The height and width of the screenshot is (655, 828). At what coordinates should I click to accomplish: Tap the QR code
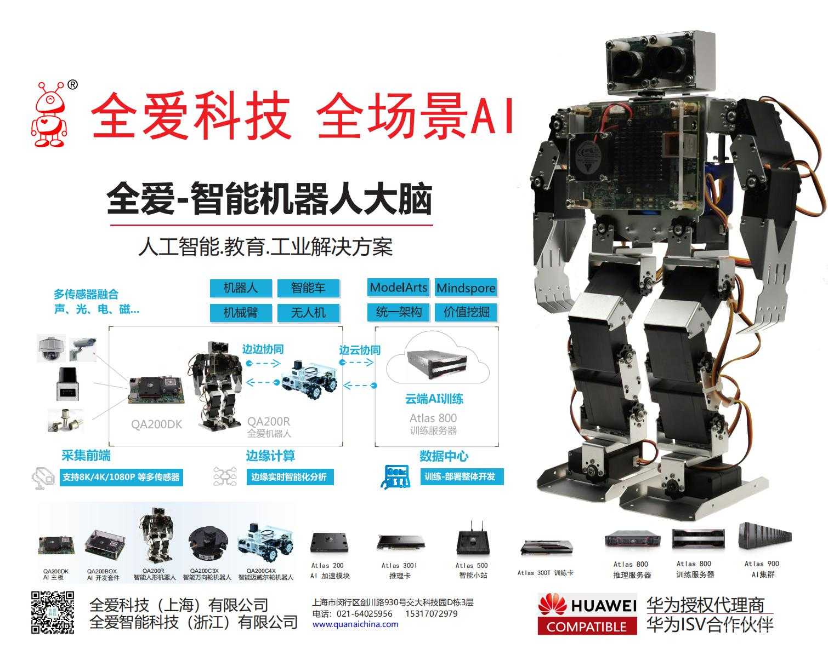click(53, 612)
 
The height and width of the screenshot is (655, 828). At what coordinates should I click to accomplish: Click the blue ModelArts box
click(398, 288)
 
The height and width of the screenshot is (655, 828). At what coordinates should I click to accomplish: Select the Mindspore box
click(466, 288)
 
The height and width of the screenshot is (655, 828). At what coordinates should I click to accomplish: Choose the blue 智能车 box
click(308, 288)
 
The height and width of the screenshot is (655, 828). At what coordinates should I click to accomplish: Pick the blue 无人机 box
click(308, 313)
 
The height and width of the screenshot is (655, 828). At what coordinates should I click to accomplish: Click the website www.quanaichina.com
click(355, 625)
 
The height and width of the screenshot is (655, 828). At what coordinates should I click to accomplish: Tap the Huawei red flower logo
click(553, 605)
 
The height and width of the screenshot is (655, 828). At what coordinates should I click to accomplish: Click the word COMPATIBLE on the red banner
click(587, 627)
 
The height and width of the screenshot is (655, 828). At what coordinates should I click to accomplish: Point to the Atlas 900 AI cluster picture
click(764, 536)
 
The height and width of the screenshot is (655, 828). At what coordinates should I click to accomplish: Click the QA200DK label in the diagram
click(156, 424)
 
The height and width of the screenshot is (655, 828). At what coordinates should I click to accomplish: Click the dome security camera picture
click(51, 349)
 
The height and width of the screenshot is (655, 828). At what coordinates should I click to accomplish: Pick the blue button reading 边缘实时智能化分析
click(290, 477)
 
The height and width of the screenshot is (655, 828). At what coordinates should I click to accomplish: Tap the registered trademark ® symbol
click(72, 84)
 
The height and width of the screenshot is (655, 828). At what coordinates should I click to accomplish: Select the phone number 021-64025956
click(364, 614)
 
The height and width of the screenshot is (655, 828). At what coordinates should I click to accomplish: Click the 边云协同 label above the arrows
click(360, 350)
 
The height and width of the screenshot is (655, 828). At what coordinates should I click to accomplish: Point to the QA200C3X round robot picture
click(208, 544)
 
